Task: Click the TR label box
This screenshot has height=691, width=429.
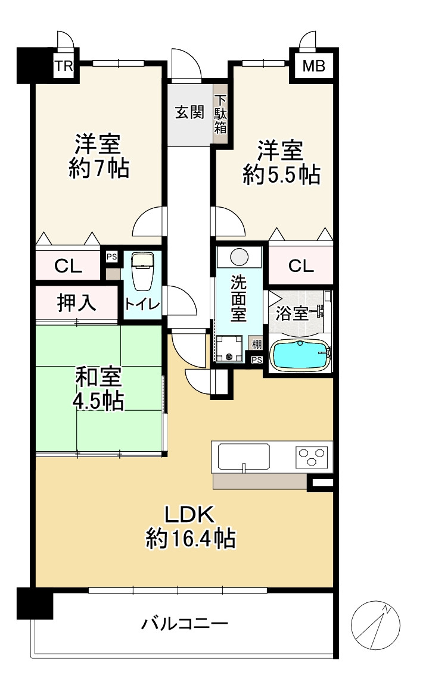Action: pos(64,65)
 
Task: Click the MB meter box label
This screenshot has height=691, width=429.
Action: pos(313,65)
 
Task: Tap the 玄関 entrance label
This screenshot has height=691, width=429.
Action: pos(189,112)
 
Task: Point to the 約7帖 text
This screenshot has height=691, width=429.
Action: pos(98,169)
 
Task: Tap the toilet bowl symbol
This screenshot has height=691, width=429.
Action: pos(141,271)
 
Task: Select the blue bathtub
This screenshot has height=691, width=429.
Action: pos(300,356)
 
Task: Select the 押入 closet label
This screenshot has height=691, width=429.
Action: pos(77,303)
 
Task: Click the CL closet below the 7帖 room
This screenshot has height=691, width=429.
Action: pos(69,266)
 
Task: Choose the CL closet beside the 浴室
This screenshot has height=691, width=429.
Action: pos(301,265)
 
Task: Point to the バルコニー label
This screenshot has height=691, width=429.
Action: pos(185,624)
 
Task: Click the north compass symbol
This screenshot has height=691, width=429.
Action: pos(375,624)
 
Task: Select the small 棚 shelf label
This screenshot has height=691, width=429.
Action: pos(256,344)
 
